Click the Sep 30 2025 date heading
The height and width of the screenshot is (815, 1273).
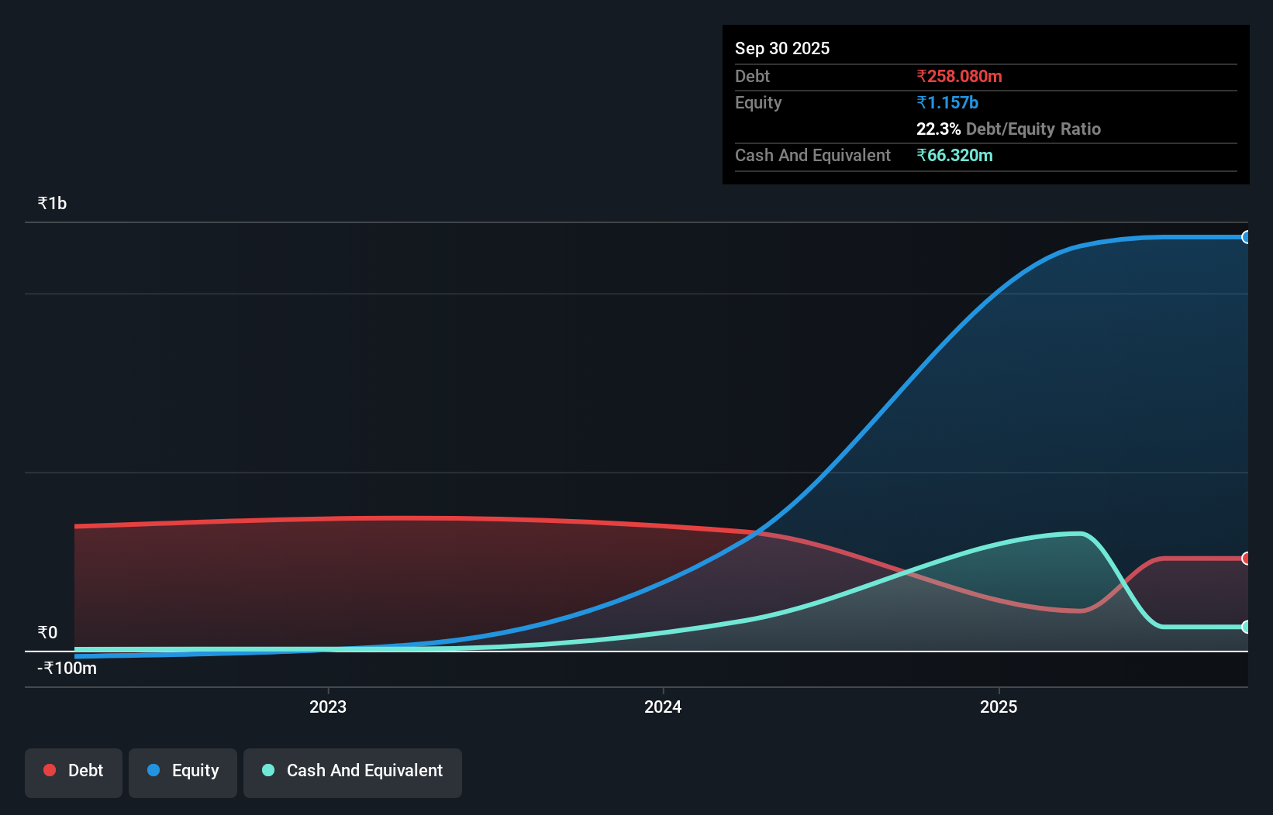point(781,48)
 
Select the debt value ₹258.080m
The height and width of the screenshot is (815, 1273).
point(959,76)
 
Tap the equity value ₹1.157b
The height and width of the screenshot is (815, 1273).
point(947,102)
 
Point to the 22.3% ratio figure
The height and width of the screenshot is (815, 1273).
point(938,129)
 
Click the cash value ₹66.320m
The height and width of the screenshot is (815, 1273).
point(954,155)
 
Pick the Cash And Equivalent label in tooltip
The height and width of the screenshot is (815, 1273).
point(812,155)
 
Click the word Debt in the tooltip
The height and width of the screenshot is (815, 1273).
point(752,76)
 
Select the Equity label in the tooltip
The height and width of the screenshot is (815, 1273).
point(758,102)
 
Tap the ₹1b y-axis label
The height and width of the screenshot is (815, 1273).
point(52,203)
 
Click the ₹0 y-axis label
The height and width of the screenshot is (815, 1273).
point(47,632)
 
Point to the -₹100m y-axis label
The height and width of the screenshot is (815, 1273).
point(67,668)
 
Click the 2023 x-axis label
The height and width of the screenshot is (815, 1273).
point(328,707)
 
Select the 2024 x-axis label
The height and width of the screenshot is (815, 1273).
point(663,707)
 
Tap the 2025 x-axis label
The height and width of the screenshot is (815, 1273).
point(999,707)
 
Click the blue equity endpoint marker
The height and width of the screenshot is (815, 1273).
point(1246,237)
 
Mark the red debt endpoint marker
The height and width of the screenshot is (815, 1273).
point(1246,559)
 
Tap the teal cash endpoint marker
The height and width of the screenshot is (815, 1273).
point(1246,627)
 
